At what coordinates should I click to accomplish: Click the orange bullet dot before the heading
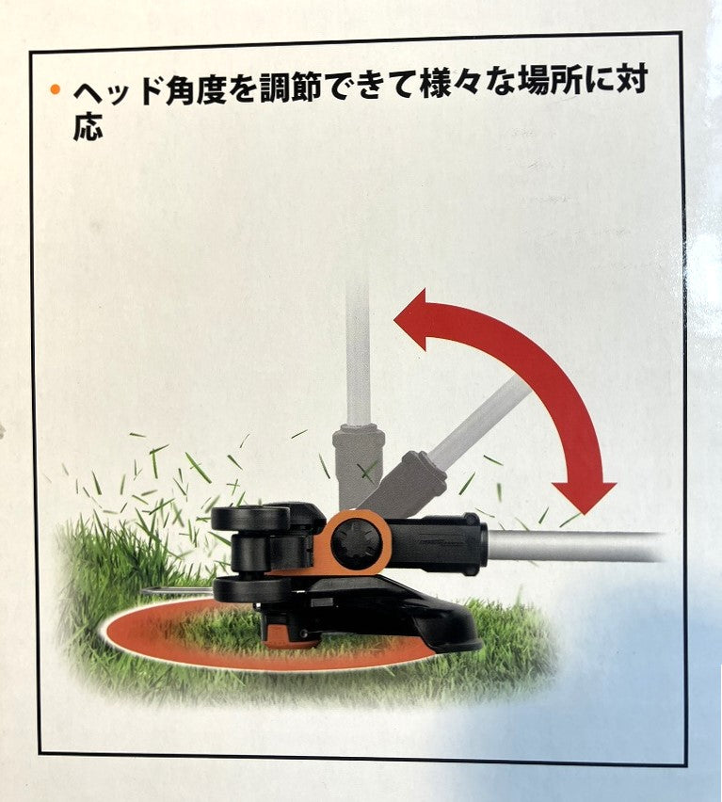click(55, 90)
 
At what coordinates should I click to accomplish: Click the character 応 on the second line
click(88, 126)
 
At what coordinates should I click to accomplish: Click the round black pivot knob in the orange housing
click(357, 544)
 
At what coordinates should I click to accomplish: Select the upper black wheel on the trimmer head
click(250, 518)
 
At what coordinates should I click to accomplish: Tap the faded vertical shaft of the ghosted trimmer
click(358, 353)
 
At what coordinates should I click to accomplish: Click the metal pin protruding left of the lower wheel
click(176, 592)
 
